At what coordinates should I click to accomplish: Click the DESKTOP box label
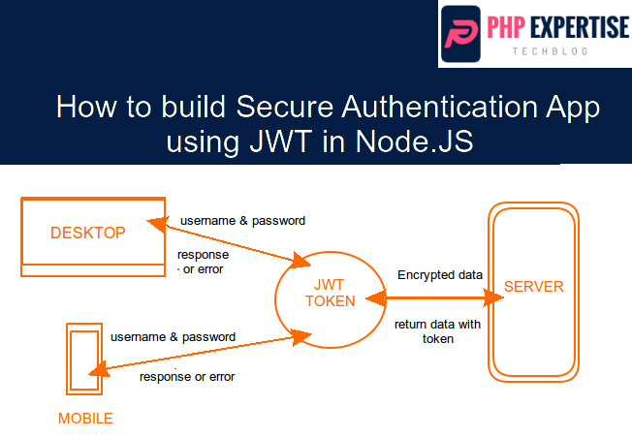87,233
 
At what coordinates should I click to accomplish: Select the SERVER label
533,287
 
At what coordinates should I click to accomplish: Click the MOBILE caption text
85,419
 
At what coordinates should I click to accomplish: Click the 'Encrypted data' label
440,275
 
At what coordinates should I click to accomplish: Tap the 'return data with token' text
437,330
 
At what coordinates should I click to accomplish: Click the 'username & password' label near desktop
242,221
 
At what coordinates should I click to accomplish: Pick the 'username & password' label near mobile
173,337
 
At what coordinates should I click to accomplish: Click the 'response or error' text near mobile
187,376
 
